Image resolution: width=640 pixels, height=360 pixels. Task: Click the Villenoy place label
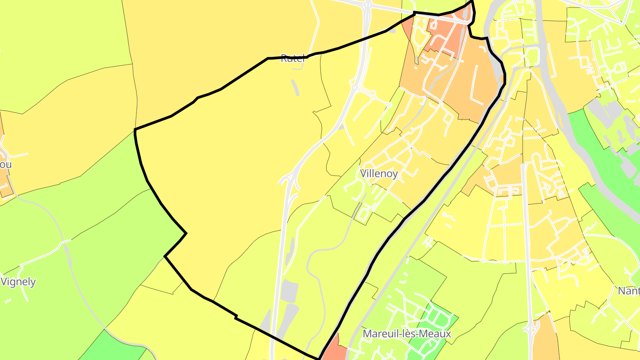(x=379, y=173)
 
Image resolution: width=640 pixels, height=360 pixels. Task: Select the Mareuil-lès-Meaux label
(x=407, y=333)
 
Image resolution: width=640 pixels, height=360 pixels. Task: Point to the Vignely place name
(x=18, y=282)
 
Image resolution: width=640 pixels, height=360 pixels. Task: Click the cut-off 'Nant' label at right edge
(x=629, y=291)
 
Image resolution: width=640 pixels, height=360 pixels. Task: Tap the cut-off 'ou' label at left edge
(x=5, y=164)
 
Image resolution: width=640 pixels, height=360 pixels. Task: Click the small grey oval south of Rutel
(x=295, y=87)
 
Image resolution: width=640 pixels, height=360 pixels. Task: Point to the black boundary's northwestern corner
(x=135, y=130)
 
